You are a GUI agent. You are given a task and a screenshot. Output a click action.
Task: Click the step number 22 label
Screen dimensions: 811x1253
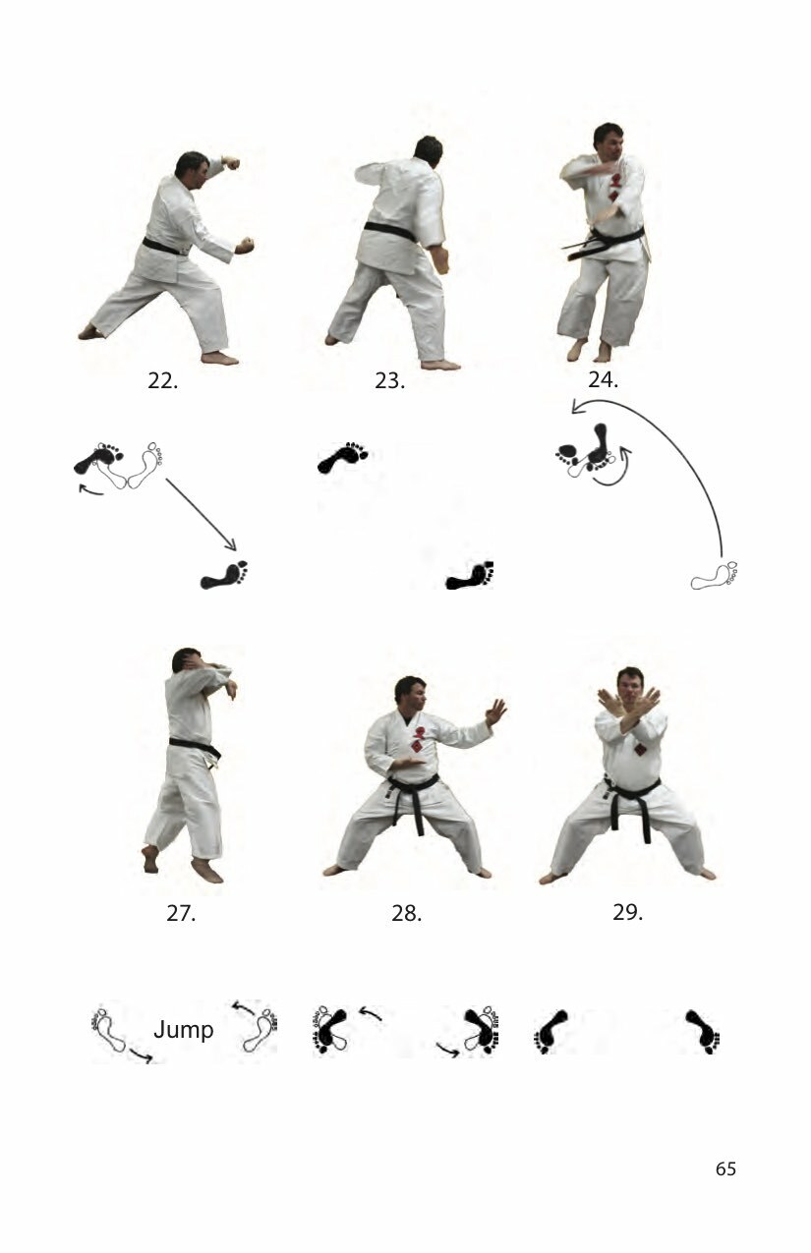pos(163,381)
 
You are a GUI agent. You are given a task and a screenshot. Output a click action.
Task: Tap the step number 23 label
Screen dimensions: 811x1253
pos(389,381)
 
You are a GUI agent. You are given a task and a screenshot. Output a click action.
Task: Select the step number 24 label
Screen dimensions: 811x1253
pos(604,379)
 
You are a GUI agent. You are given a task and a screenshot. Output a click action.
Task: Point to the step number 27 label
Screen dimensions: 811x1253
pos(181,913)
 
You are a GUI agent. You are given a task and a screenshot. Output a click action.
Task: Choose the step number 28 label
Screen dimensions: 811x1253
pos(406,913)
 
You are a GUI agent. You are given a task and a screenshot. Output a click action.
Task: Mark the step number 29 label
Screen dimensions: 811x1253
pos(627,912)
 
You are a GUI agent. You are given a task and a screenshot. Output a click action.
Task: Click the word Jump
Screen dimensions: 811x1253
pos(184,1030)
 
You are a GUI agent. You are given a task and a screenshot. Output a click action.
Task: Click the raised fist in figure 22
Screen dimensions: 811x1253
pos(230,163)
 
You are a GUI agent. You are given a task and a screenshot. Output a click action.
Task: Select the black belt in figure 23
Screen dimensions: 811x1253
pos(391,231)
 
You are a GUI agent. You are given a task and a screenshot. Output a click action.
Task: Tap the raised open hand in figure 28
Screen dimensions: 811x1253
pos(495,712)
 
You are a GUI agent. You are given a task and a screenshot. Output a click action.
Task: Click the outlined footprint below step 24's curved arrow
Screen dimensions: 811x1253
pos(715,576)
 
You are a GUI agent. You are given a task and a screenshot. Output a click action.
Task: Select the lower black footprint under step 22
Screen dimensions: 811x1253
pos(224,575)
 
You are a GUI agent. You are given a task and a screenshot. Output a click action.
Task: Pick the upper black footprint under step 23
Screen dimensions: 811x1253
pos(342,457)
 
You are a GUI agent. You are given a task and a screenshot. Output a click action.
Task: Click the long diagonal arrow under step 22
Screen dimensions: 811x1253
pos(201,514)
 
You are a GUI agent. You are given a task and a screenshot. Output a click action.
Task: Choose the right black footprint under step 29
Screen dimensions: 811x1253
pos(703,1032)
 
